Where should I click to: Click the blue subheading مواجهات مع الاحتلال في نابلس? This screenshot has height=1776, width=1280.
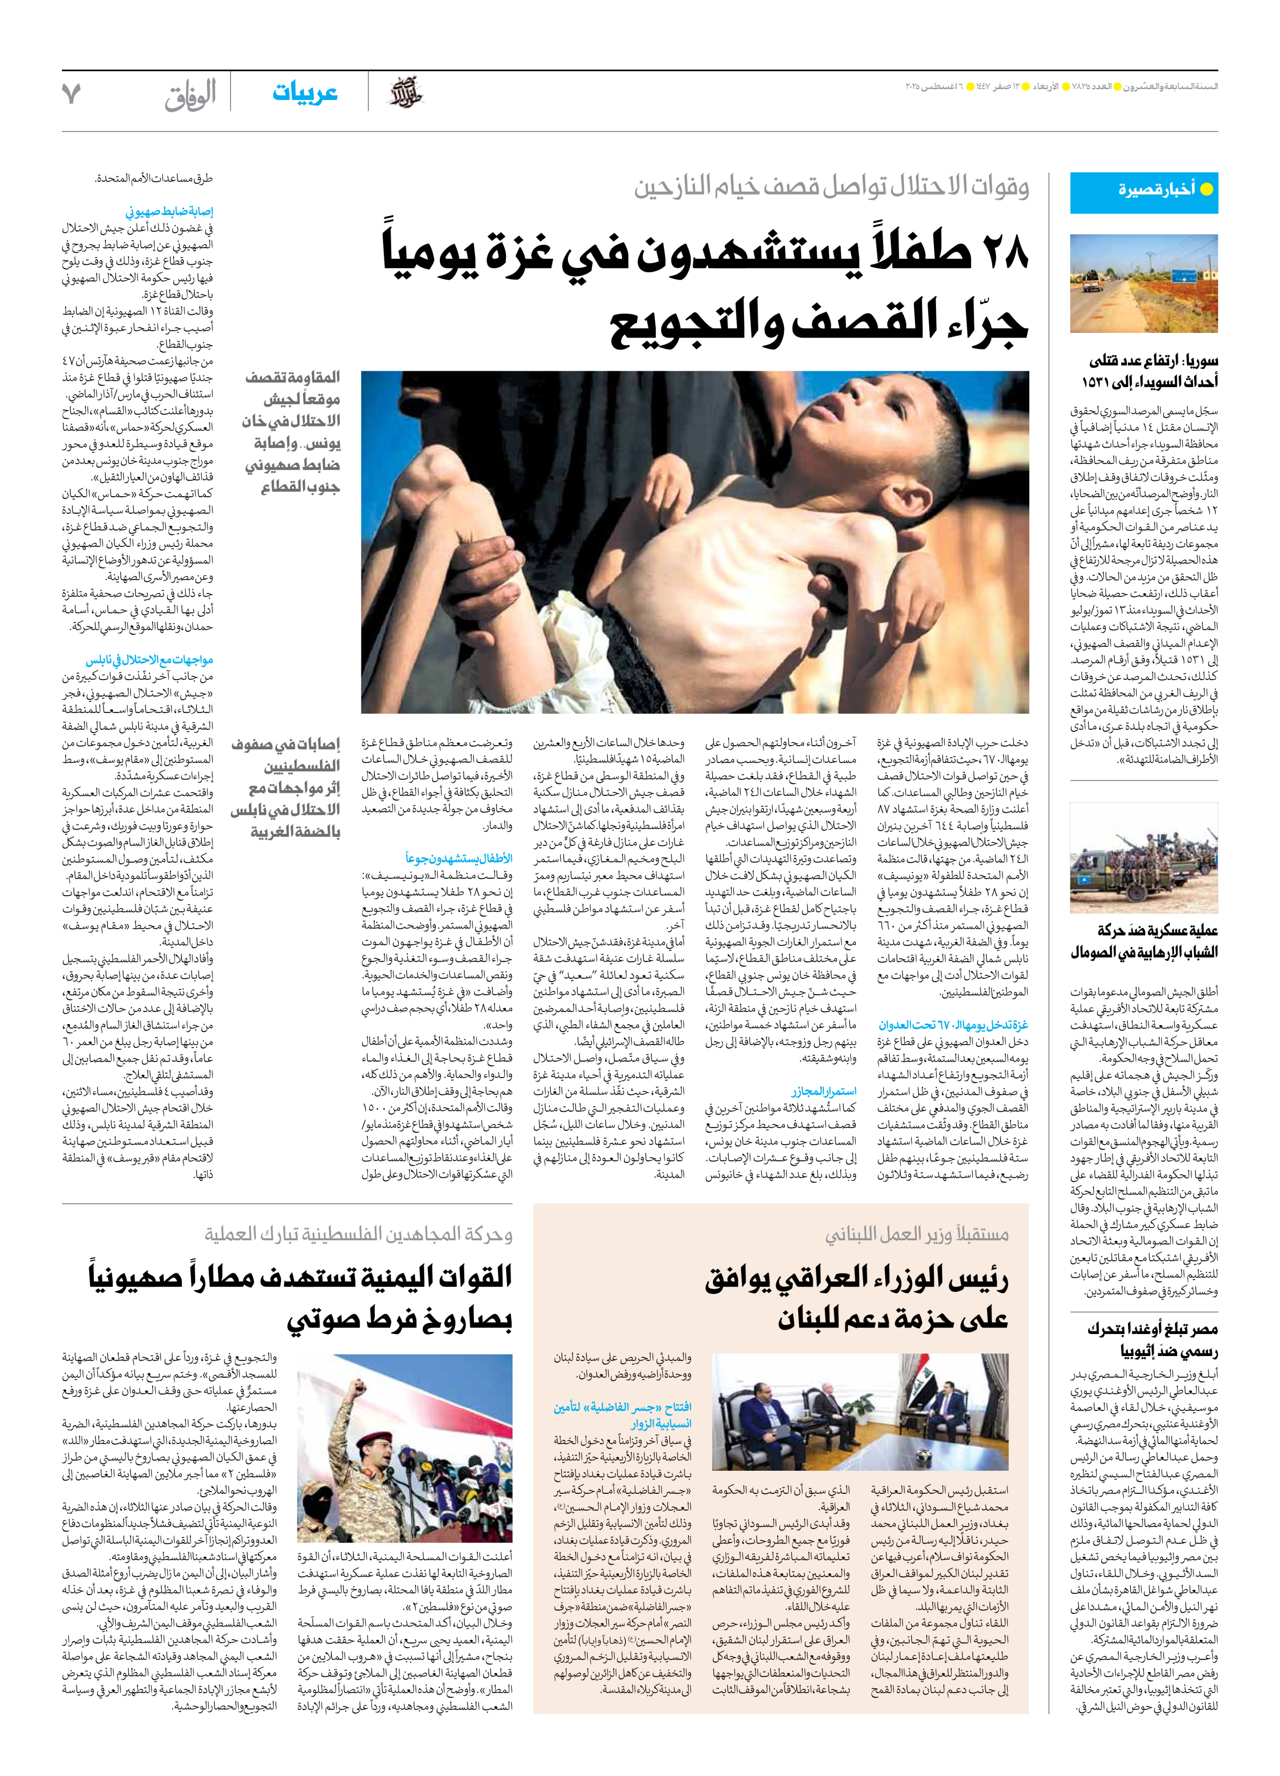pyautogui.click(x=150, y=660)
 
